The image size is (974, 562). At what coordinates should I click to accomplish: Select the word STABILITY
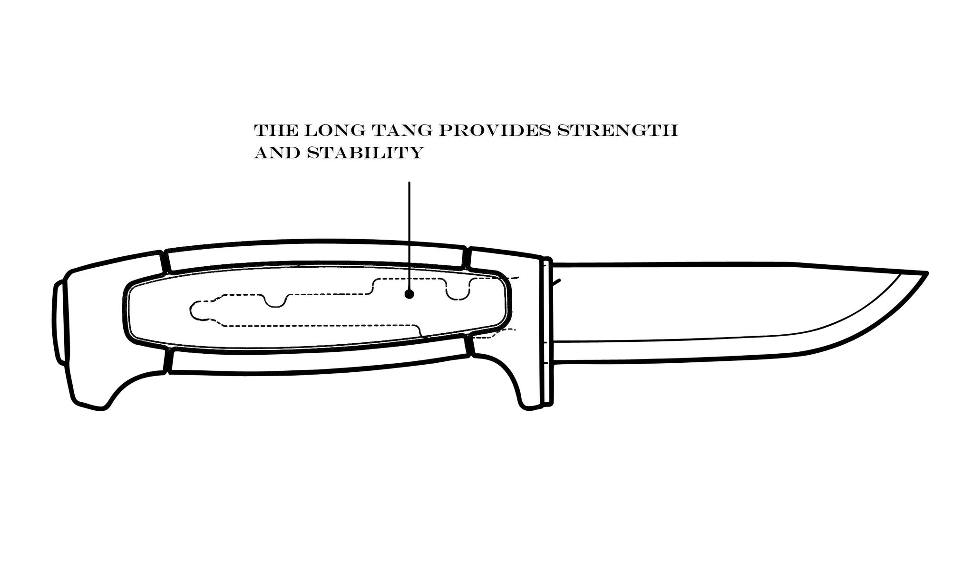click(x=365, y=153)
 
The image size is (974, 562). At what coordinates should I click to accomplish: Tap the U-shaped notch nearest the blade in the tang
click(x=457, y=290)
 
